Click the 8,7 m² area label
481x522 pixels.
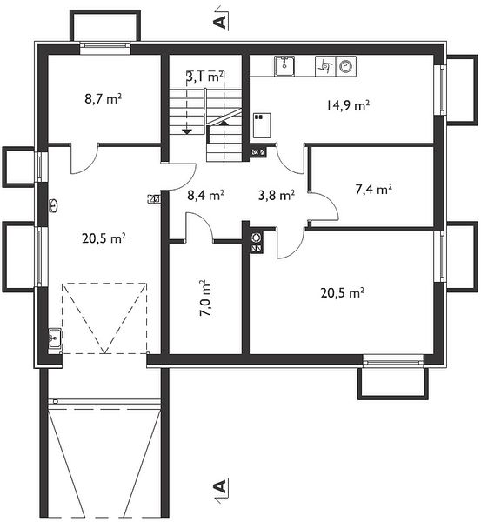pyautogui.click(x=103, y=98)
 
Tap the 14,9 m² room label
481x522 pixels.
pyautogui.click(x=348, y=105)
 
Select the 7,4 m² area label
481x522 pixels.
pyautogui.click(x=373, y=189)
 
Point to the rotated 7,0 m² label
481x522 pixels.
pyautogui.click(x=206, y=298)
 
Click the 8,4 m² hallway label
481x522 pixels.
pyautogui.click(x=205, y=195)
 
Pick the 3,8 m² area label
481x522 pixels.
pyautogui.click(x=277, y=195)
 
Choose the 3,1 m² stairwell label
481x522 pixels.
pyautogui.click(x=205, y=77)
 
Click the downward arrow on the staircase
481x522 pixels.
pyautogui.click(x=187, y=130)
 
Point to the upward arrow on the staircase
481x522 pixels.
pyautogui.click(x=224, y=123)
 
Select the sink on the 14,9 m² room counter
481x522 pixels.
pyautogui.click(x=284, y=66)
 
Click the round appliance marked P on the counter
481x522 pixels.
pyautogui.click(x=346, y=66)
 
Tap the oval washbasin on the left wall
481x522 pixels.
pyautogui.click(x=53, y=205)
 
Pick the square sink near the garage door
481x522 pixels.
pyautogui.click(x=55, y=338)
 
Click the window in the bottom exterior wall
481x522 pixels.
pyautogui.click(x=393, y=360)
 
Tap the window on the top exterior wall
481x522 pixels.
pyautogui.click(x=105, y=49)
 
